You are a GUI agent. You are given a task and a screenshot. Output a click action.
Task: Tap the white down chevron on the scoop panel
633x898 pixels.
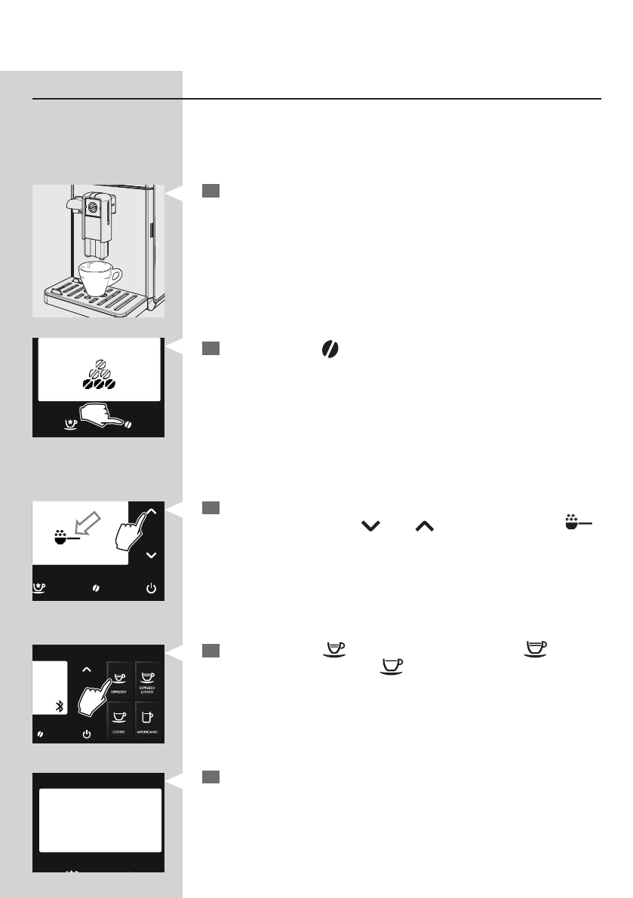(151, 555)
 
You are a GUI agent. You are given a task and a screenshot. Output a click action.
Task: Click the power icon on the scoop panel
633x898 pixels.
(151, 588)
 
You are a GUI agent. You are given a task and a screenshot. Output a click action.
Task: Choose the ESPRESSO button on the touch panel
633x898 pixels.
(118, 676)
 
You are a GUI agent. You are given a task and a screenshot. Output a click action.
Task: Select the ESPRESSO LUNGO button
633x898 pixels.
(148, 676)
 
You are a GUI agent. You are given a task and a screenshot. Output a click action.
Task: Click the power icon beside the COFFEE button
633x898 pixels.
(87, 733)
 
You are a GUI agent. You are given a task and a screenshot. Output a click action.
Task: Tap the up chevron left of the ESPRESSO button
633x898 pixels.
(87, 668)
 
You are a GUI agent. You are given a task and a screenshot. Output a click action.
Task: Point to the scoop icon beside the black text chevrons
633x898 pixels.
(570, 522)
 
